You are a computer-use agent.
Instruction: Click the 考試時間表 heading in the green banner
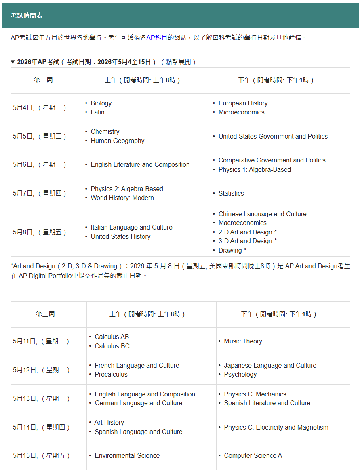[27, 15]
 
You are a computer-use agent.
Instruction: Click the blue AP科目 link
[157, 38]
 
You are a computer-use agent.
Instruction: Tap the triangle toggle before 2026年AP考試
[13, 62]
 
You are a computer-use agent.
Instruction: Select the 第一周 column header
[43, 80]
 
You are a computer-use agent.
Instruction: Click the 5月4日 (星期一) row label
[40, 107]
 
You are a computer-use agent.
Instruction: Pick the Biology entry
[101, 103]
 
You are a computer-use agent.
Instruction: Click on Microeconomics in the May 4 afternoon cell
[241, 112]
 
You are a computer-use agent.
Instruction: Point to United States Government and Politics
[273, 136]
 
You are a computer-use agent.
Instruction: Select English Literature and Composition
[140, 164]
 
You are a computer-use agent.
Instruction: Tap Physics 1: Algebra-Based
[255, 169]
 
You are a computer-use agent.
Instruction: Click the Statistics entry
[231, 193]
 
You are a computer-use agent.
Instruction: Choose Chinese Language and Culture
[262, 214]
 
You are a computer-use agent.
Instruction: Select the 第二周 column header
[45, 314]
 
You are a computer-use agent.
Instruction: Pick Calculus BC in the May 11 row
[112, 346]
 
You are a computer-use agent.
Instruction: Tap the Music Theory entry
[243, 341]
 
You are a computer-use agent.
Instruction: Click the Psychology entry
[240, 374]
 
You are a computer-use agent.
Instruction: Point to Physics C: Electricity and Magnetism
[276, 427]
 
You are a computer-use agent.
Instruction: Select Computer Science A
[253, 455]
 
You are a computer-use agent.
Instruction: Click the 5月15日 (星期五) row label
[41, 455]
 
